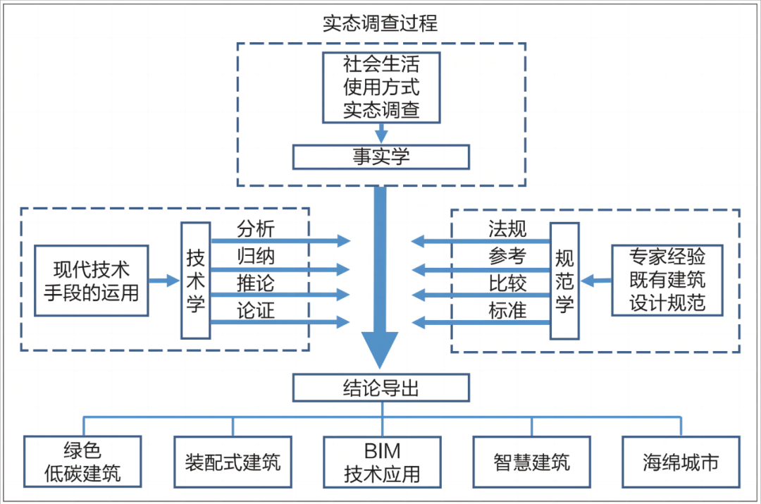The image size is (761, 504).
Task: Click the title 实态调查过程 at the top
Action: (x=380, y=23)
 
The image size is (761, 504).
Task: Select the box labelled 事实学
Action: (x=381, y=156)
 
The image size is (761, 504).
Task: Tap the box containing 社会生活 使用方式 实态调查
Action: (x=381, y=88)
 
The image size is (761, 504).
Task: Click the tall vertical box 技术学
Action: (x=195, y=281)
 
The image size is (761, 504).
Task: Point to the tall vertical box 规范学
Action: (x=564, y=281)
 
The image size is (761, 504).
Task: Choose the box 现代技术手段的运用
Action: (x=92, y=281)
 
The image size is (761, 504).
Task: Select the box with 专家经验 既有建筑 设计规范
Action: (x=668, y=280)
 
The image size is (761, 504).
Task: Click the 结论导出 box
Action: (x=381, y=388)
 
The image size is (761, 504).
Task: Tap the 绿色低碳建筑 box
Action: (x=82, y=461)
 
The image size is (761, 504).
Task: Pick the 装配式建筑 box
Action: (x=233, y=462)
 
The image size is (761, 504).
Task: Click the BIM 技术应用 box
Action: (x=382, y=462)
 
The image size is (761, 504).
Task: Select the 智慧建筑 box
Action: (x=532, y=462)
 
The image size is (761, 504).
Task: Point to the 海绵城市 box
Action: (x=681, y=462)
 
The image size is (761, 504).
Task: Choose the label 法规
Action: (x=507, y=229)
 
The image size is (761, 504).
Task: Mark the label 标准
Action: (x=507, y=310)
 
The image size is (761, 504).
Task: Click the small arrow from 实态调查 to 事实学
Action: (x=381, y=133)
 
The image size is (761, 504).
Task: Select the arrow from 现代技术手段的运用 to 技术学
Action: (x=165, y=281)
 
